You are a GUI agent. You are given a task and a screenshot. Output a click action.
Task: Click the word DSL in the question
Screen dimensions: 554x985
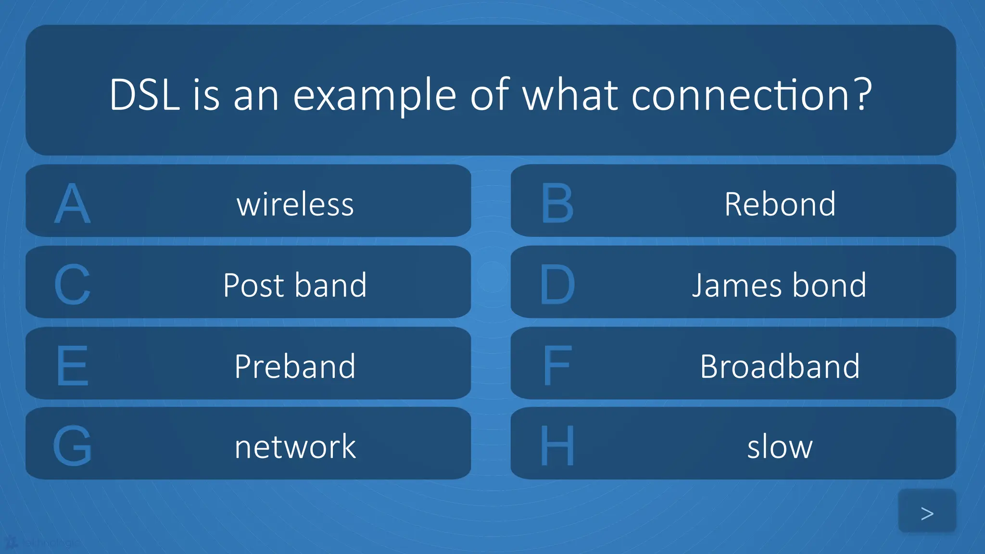point(144,95)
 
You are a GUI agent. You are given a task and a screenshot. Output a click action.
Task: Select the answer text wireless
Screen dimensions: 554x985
point(295,204)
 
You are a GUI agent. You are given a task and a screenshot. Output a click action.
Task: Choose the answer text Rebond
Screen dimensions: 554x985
point(780,204)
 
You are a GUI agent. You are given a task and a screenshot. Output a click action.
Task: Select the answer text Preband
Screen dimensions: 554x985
point(295,366)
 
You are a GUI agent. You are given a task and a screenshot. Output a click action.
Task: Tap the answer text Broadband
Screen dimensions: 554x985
point(780,366)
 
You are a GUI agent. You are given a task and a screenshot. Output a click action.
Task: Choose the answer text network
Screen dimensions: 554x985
point(295,446)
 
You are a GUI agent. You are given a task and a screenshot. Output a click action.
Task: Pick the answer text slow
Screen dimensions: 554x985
point(780,446)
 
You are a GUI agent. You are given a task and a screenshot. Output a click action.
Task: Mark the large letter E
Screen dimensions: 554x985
point(72,366)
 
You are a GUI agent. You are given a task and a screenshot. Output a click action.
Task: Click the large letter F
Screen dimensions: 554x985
point(557,366)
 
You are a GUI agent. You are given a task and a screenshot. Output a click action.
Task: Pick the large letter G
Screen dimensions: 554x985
point(72,446)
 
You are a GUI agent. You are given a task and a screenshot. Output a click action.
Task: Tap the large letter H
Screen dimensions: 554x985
point(557,446)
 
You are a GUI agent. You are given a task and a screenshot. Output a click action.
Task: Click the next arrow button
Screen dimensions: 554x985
point(927,513)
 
